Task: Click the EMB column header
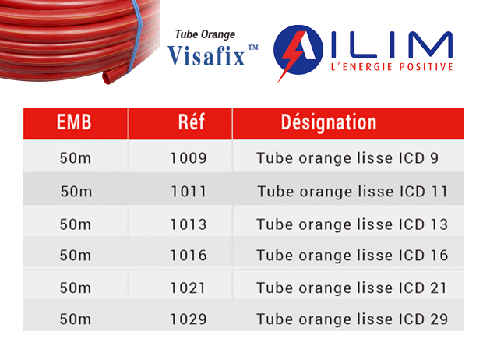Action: tap(74, 122)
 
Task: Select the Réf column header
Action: tap(192, 122)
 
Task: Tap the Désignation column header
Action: tap(329, 122)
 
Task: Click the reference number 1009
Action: tap(189, 158)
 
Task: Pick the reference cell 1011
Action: tap(189, 192)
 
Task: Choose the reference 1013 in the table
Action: tap(189, 224)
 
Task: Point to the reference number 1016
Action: tap(189, 256)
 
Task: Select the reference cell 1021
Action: tap(188, 288)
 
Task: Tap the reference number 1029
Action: tap(189, 319)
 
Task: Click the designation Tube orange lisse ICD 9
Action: tap(347, 158)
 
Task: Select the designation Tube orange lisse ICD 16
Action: tap(352, 256)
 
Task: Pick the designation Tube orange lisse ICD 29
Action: tap(352, 319)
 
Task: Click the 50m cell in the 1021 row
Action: tap(76, 288)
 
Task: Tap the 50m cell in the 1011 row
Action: tap(76, 192)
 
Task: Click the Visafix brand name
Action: tap(206, 55)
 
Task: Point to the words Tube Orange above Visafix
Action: tap(205, 34)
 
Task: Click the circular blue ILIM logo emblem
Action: tap(298, 50)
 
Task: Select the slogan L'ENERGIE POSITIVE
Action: tap(392, 67)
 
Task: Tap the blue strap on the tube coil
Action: tap(136, 34)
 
